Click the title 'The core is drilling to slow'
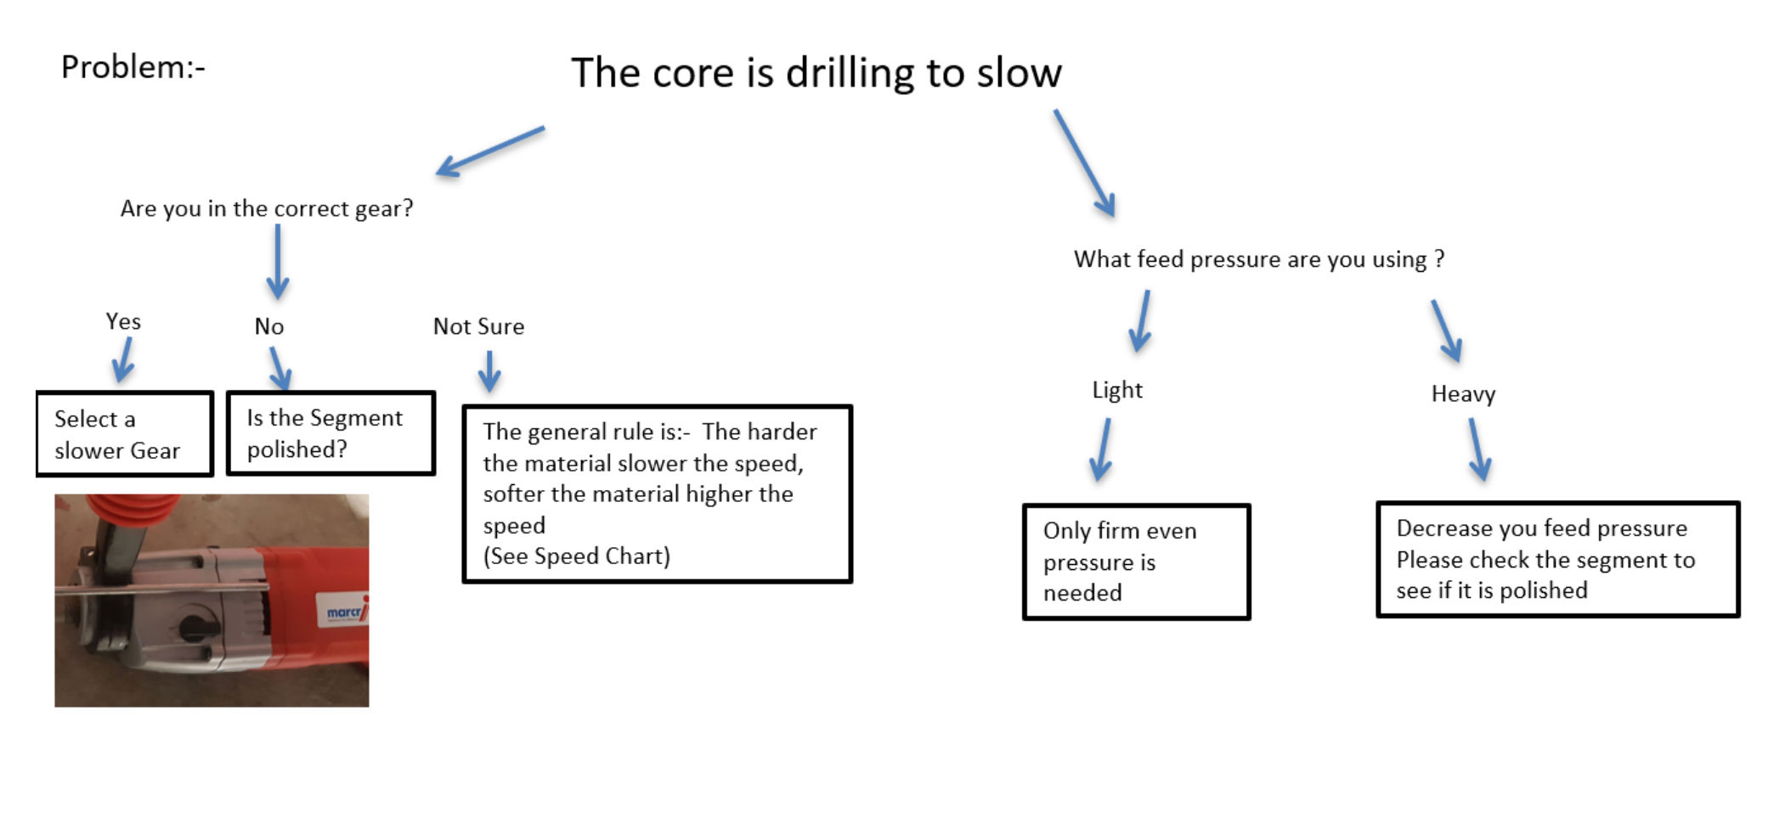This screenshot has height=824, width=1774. point(816,73)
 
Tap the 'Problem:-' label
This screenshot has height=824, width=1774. point(133,67)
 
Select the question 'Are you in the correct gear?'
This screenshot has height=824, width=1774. point(267,208)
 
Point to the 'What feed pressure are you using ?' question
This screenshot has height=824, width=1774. point(1259,259)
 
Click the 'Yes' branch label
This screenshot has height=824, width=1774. point(123,321)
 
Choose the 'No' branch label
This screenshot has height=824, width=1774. point(269,326)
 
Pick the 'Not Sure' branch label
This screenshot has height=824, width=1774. point(478,326)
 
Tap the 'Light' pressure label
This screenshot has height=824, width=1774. point(1117,390)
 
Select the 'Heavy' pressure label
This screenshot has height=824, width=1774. point(1463,393)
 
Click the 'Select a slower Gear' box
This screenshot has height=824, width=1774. point(125,433)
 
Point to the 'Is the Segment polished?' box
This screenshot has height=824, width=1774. point(331,433)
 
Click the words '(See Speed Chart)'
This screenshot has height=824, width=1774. point(577,556)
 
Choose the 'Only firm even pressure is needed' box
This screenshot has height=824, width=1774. point(1137,562)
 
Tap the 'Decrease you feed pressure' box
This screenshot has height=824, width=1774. point(1558,559)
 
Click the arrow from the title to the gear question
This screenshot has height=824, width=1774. point(490,152)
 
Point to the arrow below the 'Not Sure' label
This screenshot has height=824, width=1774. point(489,371)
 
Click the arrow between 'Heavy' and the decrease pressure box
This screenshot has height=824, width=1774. point(1479,450)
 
